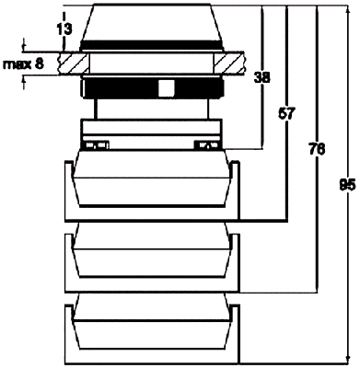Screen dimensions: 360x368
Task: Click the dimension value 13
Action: click(64, 29)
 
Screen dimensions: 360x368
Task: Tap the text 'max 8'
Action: click(22, 63)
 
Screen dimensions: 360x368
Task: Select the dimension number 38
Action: click(261, 79)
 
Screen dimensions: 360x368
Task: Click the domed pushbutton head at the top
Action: click(152, 22)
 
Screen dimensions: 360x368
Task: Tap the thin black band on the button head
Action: click(152, 45)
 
